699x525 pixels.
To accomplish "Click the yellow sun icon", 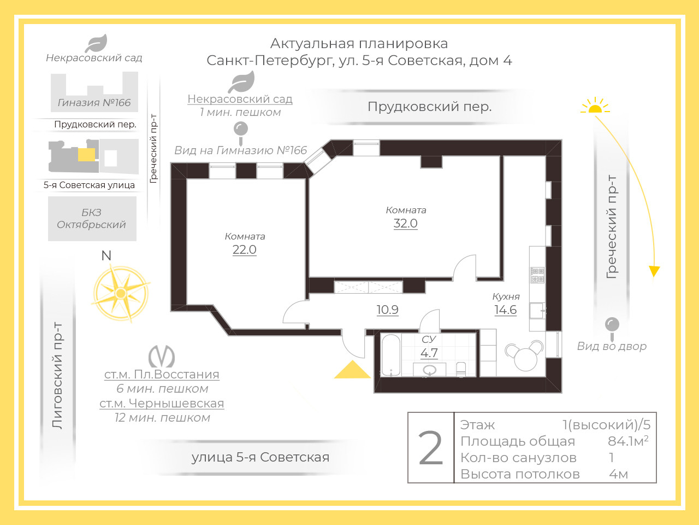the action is click(595, 106).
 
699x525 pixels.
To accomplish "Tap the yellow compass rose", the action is click(121, 293).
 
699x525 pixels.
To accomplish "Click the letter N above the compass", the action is click(106, 255).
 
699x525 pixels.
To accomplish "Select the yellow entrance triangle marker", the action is click(353, 370).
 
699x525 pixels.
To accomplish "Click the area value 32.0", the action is click(405, 224).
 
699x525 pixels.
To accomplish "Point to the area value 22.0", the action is click(244, 249).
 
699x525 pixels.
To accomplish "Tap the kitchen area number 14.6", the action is click(505, 310).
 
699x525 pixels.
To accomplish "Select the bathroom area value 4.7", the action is click(429, 353).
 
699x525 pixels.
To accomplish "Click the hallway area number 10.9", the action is click(387, 310).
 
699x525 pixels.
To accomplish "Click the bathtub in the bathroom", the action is click(391, 355).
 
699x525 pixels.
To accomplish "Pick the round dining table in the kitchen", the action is click(525, 359).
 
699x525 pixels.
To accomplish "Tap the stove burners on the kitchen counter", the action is click(537, 275).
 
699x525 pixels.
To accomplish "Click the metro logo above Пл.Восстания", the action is click(162, 356).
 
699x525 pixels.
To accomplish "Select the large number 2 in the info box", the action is click(430, 448).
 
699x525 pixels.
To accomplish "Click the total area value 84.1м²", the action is click(628, 441).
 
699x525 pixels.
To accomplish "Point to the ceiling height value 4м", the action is click(618, 474).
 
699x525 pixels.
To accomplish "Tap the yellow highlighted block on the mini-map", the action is click(87, 155).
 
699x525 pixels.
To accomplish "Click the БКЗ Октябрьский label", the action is click(91, 219).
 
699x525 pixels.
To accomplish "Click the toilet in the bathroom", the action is click(461, 370).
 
